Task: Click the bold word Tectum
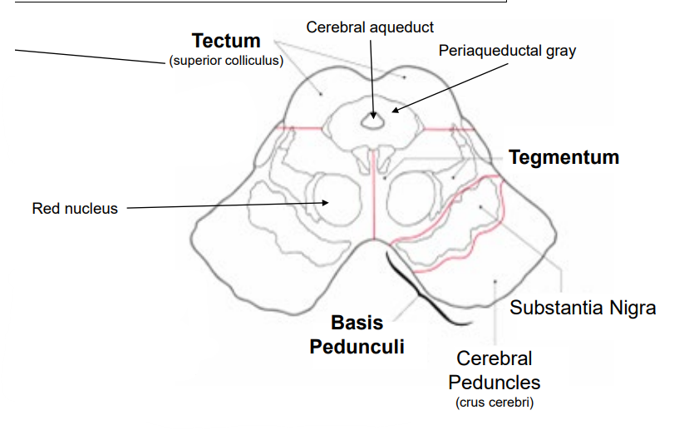[226, 41]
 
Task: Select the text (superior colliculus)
[226, 61]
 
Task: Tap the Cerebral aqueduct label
[370, 27]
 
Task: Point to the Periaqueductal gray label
[507, 51]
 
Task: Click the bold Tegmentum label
[564, 157]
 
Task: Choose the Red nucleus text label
[75, 208]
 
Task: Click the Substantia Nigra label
[583, 308]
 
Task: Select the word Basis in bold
[357, 323]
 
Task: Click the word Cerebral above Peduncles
[495, 359]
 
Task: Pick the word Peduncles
[495, 383]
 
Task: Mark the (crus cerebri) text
[495, 403]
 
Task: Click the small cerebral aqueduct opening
[373, 122]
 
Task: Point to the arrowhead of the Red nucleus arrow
[327, 202]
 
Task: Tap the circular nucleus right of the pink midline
[413, 200]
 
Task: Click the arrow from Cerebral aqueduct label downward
[373, 79]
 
